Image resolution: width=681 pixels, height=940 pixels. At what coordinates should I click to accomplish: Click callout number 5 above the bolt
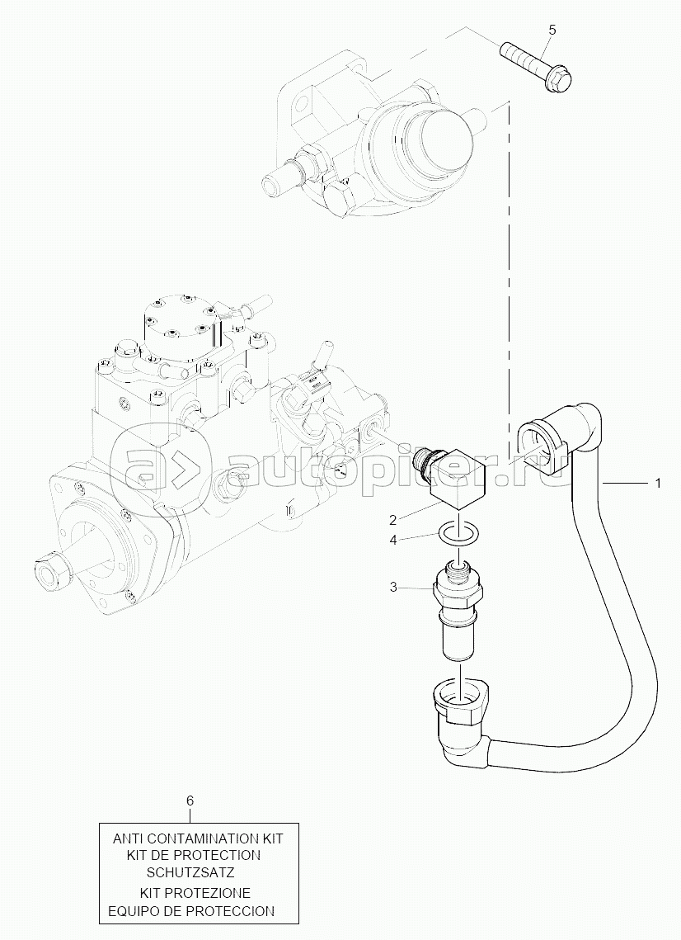552,30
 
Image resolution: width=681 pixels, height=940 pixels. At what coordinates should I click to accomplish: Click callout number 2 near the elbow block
393,519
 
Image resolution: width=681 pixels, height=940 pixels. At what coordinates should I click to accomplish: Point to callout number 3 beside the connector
393,587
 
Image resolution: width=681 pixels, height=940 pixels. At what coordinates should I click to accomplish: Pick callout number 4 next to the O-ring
393,540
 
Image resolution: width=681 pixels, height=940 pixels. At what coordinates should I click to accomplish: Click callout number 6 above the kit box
190,800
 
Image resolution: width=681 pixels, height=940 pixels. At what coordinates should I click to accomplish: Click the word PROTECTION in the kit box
218,854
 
